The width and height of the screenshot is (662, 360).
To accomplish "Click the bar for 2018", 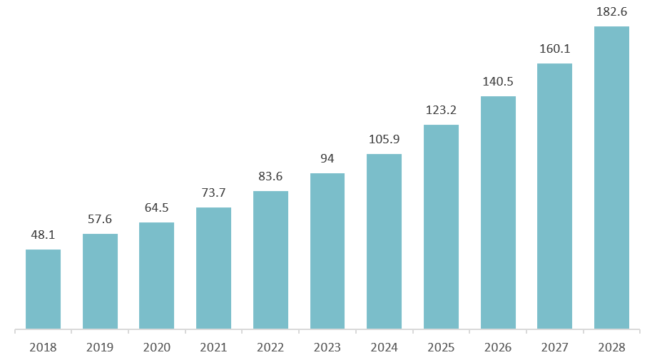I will click(43, 289).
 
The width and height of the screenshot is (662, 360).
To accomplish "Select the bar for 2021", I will click(213, 268).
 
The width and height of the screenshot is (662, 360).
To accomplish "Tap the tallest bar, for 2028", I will click(611, 178).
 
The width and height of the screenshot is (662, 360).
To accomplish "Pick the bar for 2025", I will click(441, 227).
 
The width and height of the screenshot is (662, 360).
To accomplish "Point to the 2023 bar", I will click(327, 251).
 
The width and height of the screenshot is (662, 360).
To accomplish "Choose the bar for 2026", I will click(498, 212).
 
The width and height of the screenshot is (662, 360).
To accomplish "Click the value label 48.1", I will click(43, 235).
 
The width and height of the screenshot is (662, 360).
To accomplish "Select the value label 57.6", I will click(100, 219).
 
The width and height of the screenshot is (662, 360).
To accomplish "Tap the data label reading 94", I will click(327, 158).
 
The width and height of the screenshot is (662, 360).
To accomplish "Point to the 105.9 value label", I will click(384, 139).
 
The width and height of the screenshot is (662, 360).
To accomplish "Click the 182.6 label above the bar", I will click(611, 11).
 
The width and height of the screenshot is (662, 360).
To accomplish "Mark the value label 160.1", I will click(554, 48).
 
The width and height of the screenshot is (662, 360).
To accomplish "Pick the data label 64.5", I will click(156, 207).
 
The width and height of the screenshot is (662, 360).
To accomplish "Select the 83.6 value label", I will click(270, 176).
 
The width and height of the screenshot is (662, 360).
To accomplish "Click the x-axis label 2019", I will click(100, 347).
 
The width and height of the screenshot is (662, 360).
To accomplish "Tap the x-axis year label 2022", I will click(270, 347).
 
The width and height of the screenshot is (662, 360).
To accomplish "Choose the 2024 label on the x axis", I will click(384, 347).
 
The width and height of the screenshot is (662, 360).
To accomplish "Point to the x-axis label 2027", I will click(554, 347).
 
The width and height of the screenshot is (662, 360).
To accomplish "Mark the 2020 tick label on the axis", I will click(156, 347).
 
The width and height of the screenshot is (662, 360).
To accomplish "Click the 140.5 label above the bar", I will click(498, 81).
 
